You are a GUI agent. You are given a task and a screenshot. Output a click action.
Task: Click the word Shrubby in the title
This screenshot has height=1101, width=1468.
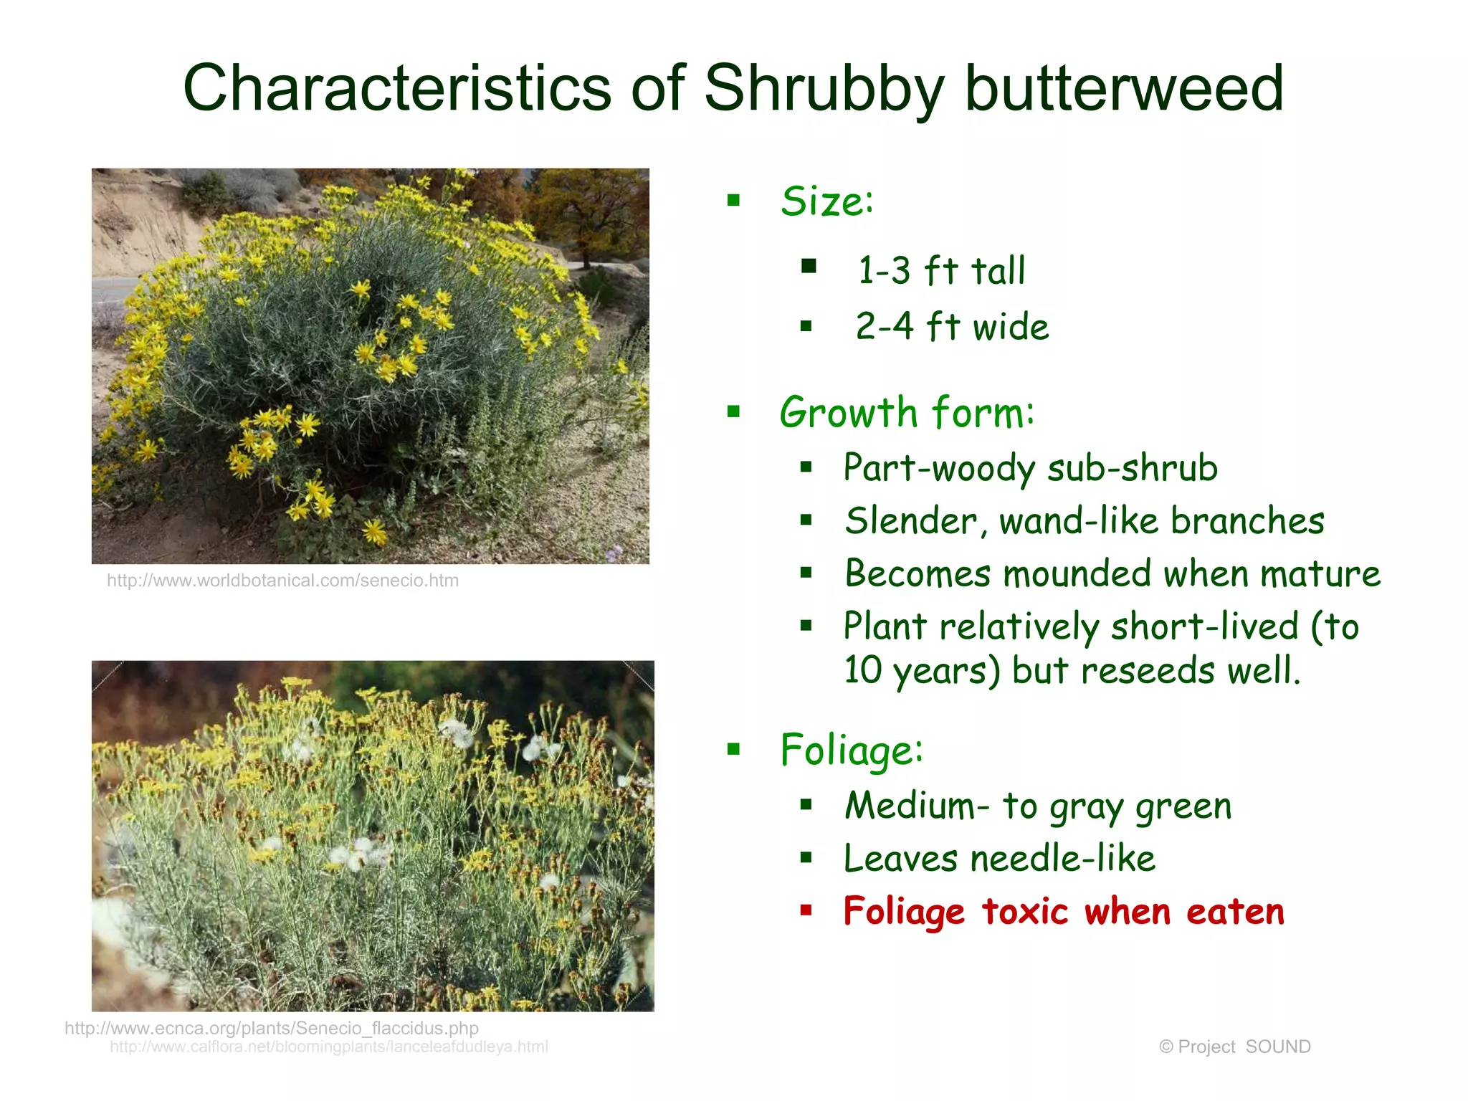click(824, 89)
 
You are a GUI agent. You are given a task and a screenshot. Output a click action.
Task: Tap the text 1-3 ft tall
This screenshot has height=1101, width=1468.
click(941, 271)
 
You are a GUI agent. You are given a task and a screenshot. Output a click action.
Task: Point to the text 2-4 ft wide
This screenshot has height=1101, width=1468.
click(952, 327)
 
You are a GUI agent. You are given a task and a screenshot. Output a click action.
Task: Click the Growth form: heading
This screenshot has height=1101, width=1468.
click(907, 413)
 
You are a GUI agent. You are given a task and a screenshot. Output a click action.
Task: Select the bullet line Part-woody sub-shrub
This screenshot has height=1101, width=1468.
click(1030, 468)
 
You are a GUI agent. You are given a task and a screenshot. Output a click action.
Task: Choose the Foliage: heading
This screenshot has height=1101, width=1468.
click(852, 750)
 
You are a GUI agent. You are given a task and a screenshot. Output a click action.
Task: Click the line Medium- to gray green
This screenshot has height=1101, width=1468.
click(1038, 806)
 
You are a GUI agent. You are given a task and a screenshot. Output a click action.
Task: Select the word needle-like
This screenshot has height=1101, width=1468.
click(1062, 859)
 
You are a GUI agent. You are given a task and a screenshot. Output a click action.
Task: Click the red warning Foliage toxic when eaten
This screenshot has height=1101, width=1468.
click(1064, 912)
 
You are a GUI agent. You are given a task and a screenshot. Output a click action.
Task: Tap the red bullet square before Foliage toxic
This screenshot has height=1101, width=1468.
click(806, 910)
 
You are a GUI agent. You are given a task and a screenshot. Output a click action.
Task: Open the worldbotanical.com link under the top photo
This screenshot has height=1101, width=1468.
click(282, 581)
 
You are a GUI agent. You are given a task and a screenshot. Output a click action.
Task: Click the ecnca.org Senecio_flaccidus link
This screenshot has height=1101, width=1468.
click(272, 1028)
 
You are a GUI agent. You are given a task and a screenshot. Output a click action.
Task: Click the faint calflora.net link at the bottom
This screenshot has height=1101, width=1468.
click(329, 1047)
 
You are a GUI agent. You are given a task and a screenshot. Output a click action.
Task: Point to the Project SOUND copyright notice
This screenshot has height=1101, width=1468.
click(1234, 1047)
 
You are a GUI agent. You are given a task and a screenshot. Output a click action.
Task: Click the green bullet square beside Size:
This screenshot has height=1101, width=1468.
click(733, 200)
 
